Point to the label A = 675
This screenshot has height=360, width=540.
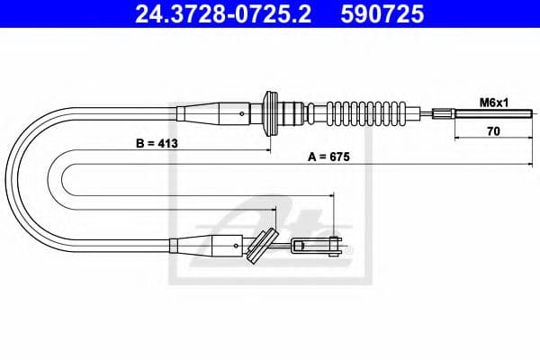coord(328,156)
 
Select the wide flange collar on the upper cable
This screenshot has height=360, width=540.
coord(266,114)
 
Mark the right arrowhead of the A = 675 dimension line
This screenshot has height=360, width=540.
coord(529,166)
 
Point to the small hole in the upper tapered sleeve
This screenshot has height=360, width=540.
coord(245,114)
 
